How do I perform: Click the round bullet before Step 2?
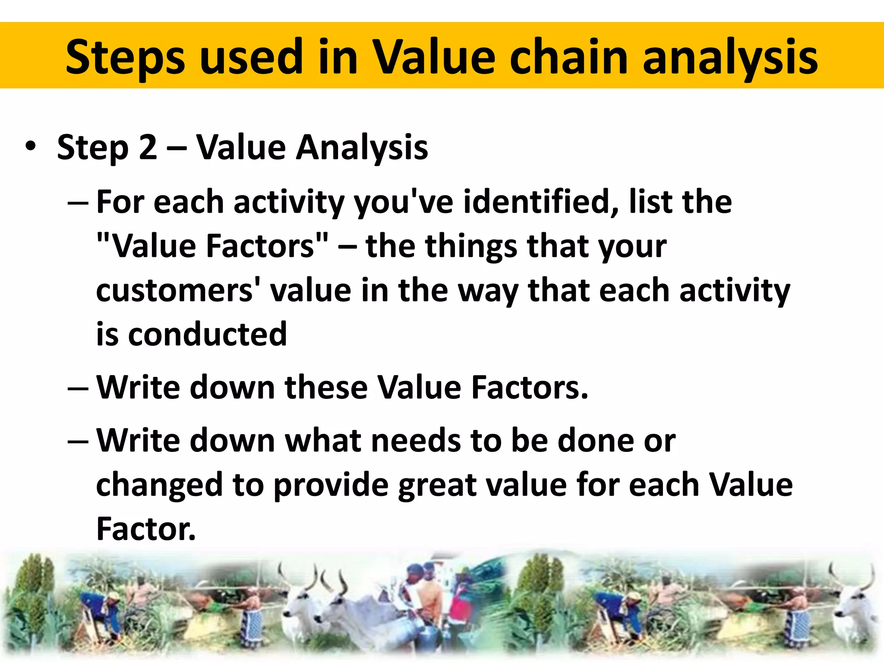point(30,146)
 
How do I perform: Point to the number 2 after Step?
point(148,147)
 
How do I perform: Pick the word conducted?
point(208,334)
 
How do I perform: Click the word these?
point(326,387)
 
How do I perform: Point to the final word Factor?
point(146,529)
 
